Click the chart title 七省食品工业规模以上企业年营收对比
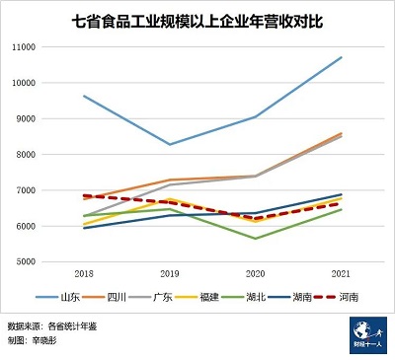pos(197,19)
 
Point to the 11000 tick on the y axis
pos(51,47)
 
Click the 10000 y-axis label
pos(51,83)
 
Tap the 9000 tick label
pos(53,118)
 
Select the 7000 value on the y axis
pos(53,190)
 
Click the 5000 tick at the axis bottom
pos(53,261)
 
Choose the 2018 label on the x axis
pos(85,273)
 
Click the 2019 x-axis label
pos(170,273)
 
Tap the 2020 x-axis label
pos(256,273)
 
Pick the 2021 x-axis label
pos(341,273)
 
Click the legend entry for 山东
pos(61,296)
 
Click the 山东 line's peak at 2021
pos(341,57)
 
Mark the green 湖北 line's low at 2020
pos(256,238)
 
